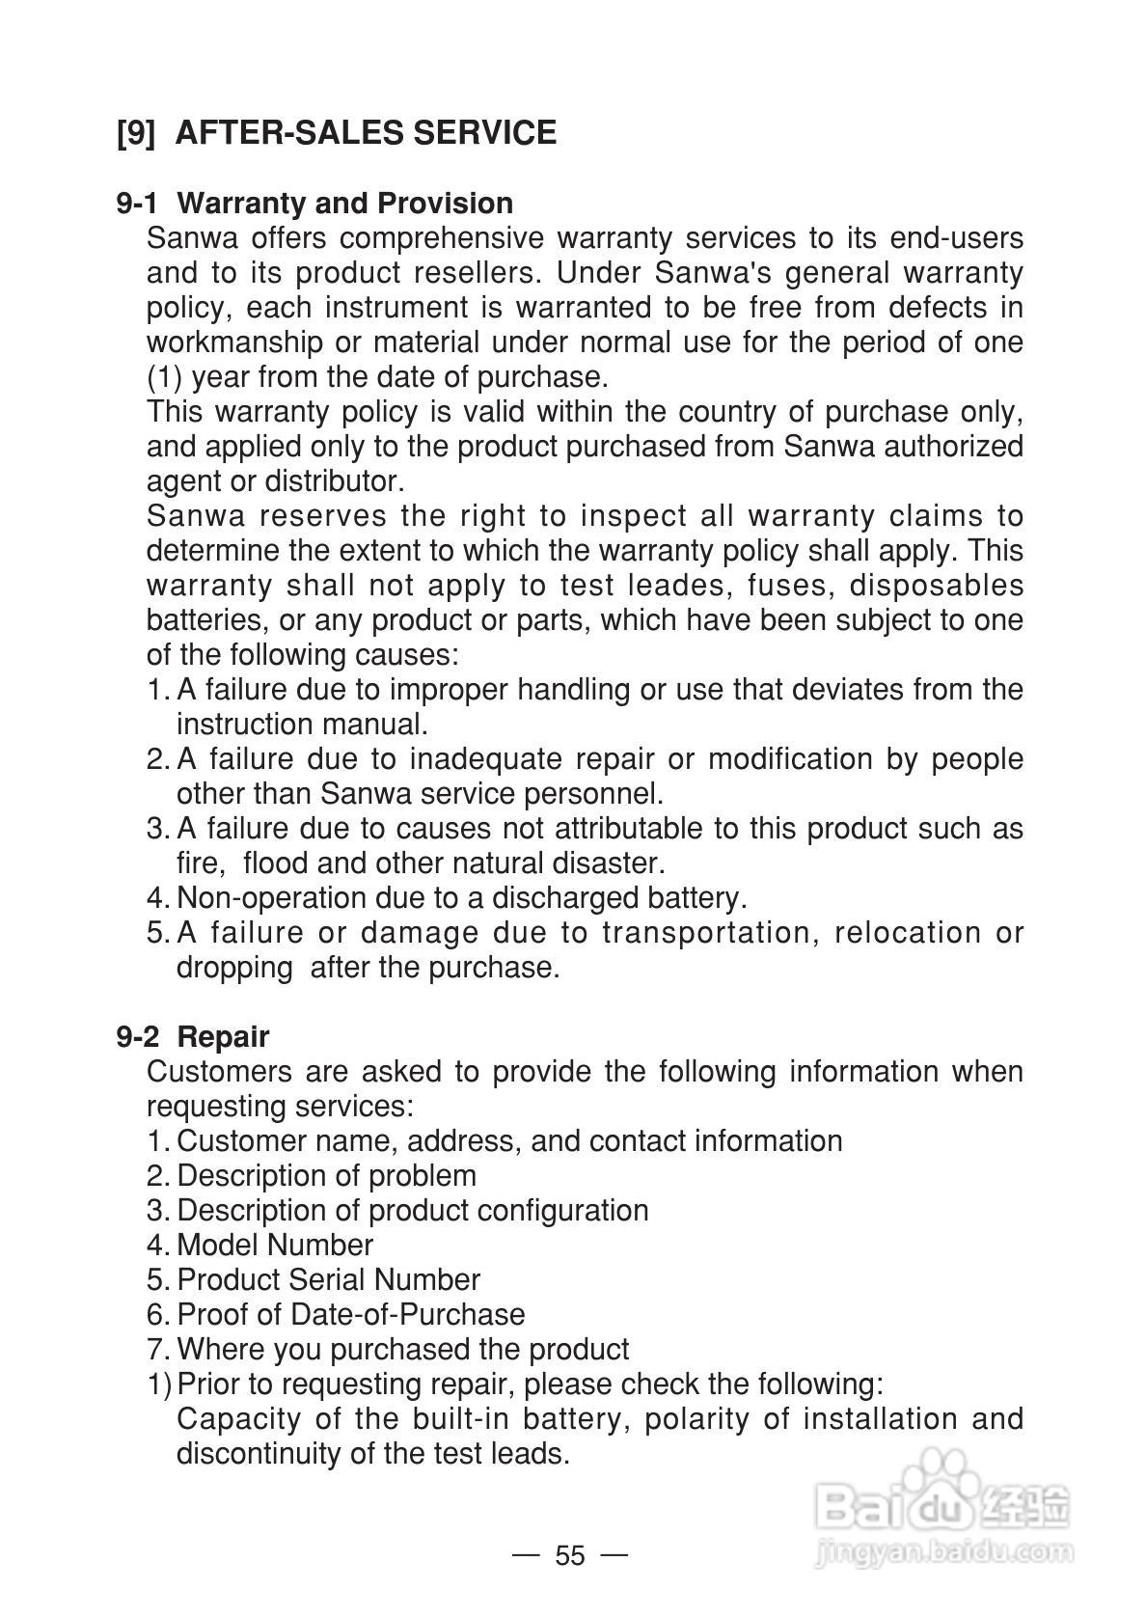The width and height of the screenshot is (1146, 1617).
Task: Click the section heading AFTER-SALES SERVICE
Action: pyautogui.click(x=367, y=132)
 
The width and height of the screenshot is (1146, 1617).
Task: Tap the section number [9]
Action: pyautogui.click(x=135, y=132)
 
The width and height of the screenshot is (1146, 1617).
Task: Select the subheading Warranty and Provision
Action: pyautogui.click(x=345, y=204)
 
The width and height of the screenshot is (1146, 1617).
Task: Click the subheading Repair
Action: pyautogui.click(x=223, y=1037)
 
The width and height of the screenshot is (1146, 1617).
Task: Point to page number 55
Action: pyautogui.click(x=570, y=1555)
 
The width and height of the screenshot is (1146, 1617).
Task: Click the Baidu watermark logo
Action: pyautogui.click(x=941, y=1501)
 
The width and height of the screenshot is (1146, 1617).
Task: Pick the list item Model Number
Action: pyautogui.click(x=275, y=1246)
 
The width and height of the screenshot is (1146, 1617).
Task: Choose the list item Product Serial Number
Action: pyautogui.click(x=328, y=1280)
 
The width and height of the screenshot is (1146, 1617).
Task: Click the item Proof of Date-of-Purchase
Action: pyautogui.click(x=351, y=1315)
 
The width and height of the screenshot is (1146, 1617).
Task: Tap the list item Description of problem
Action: pyautogui.click(x=326, y=1176)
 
